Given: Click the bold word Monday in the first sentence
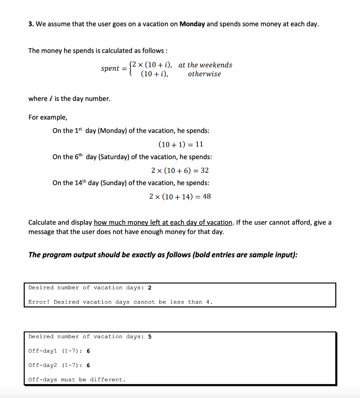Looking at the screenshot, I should coord(192,24).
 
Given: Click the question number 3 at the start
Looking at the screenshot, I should coord(30,24).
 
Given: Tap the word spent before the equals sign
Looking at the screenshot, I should coord(110,69).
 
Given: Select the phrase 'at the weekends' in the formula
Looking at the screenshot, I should coord(205,65).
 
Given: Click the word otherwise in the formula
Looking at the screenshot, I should coord(204,74).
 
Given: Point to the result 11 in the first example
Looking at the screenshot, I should coord(199,144).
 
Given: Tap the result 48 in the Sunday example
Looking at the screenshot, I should coord(207,196).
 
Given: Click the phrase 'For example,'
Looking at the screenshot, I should coord(48,117).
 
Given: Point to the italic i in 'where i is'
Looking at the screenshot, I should coord(51,99).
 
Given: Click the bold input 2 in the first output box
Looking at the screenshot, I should coord(150,288).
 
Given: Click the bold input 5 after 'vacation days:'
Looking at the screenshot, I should coord(150,337).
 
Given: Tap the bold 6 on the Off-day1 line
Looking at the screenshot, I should coord(89,351).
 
